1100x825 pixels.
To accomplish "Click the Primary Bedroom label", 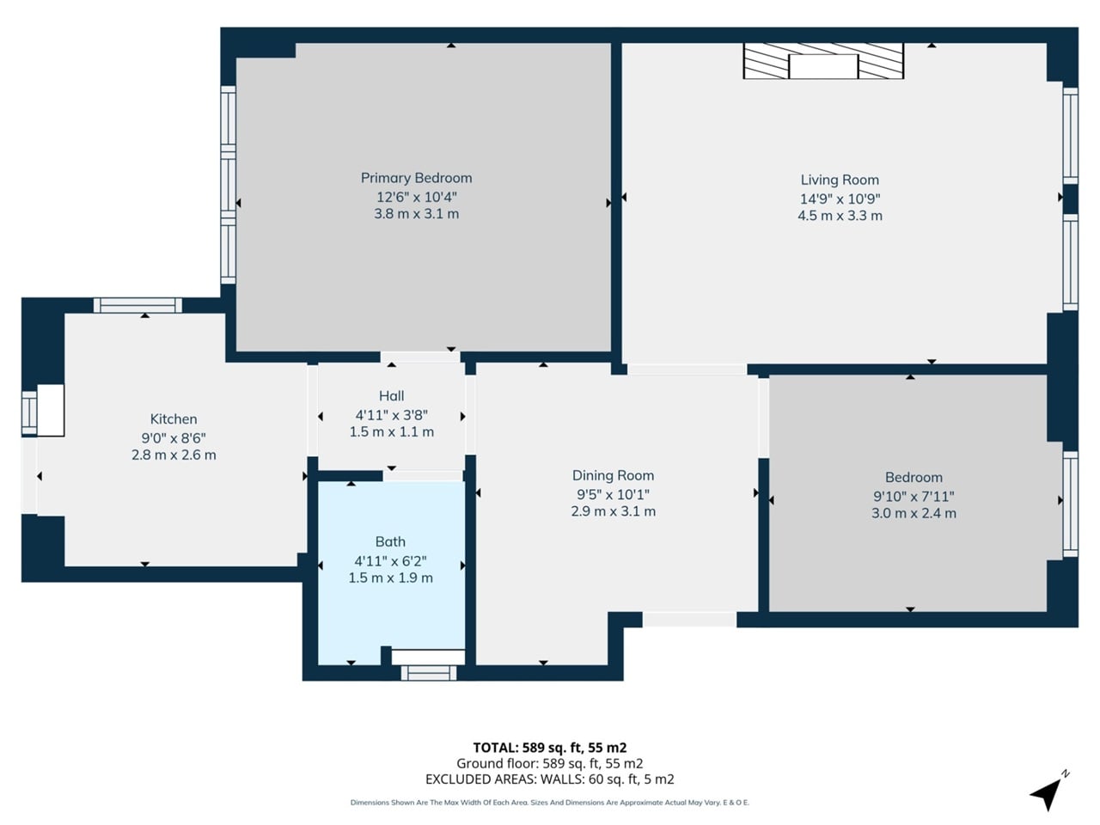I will coord(416,178).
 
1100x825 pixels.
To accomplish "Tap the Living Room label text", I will coord(840,180).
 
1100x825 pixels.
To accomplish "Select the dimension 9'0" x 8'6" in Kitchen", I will coord(174,437).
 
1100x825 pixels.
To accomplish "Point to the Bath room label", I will coord(390,541).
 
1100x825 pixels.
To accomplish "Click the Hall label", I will coord(391,396).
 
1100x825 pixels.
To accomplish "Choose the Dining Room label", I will coord(613,475).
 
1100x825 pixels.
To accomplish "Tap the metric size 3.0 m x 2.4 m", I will coord(914,513).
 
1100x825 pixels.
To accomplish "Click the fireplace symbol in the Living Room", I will coord(823,62).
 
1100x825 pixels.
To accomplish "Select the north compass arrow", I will coord(1048,791).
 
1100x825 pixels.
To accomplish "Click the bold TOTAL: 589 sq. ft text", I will coord(549,748).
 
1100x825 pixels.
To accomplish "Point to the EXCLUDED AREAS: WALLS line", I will coord(549,779).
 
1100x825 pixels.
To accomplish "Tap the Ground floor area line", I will coord(549,763).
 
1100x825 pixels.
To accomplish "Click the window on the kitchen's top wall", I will coord(137,305).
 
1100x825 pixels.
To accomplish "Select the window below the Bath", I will coord(429,673).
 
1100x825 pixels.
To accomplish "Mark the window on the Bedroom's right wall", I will coord(1070,504).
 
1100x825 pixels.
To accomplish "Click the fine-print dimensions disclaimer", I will coord(549,803).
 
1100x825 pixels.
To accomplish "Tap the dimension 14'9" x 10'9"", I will coord(840,199).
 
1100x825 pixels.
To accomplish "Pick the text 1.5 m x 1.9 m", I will coord(390,578).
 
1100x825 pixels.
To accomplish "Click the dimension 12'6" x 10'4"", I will coord(416,197).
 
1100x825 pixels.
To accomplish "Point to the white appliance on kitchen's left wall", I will coord(49,410).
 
